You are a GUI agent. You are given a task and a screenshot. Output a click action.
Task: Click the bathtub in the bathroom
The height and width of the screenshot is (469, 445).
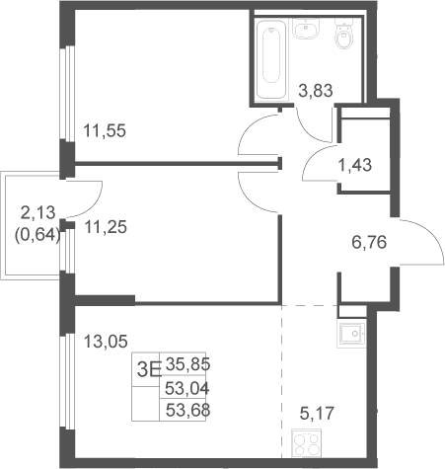pyautogui.click(x=271, y=59)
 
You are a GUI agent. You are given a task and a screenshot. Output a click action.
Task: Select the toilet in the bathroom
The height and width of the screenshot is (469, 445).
pyautogui.click(x=343, y=34)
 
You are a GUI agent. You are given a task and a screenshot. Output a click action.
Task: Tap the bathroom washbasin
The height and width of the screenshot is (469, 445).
pyautogui.click(x=306, y=29)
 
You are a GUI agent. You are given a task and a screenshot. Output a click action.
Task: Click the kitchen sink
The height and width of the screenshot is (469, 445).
pyautogui.click(x=351, y=335)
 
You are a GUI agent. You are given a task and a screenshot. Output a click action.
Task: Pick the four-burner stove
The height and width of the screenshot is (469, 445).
pyautogui.click(x=307, y=443)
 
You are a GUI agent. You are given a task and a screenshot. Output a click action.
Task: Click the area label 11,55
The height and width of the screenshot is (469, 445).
pyautogui.click(x=105, y=130)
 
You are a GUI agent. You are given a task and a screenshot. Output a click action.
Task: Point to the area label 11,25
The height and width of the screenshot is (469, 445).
pyautogui.click(x=106, y=227)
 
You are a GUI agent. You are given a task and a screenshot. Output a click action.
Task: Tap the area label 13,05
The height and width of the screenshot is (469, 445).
pyautogui.click(x=106, y=342)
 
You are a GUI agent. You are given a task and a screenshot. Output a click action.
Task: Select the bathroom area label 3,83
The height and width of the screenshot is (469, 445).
pyautogui.click(x=316, y=91)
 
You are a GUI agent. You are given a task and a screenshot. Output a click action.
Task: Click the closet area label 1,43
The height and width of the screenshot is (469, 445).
pyautogui.click(x=355, y=165)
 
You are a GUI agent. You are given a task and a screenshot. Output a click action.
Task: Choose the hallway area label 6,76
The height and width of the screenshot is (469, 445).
pyautogui.click(x=369, y=243)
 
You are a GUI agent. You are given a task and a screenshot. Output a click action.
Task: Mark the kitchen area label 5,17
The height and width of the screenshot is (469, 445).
pyautogui.click(x=317, y=414)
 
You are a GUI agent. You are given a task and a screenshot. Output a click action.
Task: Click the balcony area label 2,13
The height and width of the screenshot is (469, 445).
pyautogui.click(x=37, y=213)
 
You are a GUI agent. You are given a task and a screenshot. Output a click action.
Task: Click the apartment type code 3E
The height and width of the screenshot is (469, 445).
pyautogui.click(x=149, y=369)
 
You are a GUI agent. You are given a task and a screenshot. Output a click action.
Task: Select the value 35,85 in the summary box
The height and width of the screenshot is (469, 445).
pyautogui.click(x=187, y=364)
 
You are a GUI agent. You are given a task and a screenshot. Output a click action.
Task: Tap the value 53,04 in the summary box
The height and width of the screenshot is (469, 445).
pyautogui.click(x=187, y=389)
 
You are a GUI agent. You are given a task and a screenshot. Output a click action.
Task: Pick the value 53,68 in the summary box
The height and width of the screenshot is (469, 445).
pyautogui.click(x=187, y=410)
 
